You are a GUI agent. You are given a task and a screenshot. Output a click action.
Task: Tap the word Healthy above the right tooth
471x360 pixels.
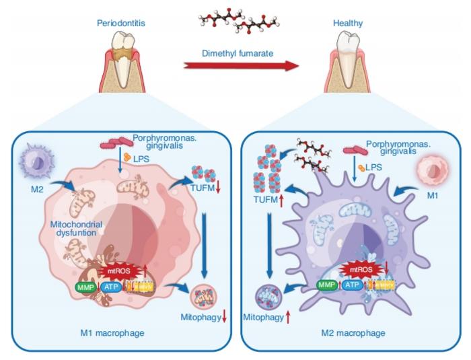[349, 23]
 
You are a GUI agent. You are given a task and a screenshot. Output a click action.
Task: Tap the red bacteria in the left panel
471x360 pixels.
[114, 143]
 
